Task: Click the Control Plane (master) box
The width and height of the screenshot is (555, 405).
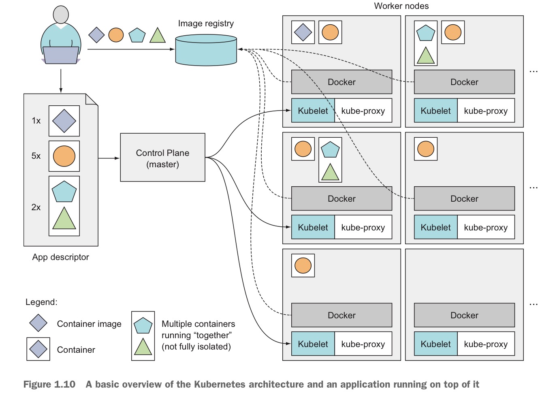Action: click(x=162, y=158)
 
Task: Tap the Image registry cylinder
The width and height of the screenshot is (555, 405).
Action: click(x=206, y=50)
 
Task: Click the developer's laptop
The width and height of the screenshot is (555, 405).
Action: click(x=61, y=55)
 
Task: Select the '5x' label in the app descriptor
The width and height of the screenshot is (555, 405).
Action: click(x=36, y=156)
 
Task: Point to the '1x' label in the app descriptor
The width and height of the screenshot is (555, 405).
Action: click(x=36, y=121)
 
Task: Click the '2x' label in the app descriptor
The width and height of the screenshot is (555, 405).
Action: click(x=36, y=207)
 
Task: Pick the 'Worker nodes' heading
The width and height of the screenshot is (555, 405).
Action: click(x=401, y=6)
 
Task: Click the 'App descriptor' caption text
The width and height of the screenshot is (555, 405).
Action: click(x=60, y=257)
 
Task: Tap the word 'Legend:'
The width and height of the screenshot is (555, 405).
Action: click(x=41, y=302)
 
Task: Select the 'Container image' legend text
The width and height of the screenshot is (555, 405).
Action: click(x=89, y=324)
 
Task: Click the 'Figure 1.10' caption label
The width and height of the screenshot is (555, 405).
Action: click(x=49, y=384)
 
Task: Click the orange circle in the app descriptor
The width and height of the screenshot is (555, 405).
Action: click(x=64, y=156)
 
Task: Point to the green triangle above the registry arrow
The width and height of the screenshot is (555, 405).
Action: click(x=158, y=36)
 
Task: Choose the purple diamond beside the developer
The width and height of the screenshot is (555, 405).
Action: click(x=96, y=35)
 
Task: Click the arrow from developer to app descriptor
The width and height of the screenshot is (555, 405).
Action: click(x=61, y=81)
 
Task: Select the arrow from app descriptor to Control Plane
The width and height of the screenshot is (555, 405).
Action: click(x=109, y=158)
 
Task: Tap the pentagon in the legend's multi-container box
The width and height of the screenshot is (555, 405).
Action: click(x=143, y=326)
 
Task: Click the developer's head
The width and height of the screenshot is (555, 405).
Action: click(x=61, y=15)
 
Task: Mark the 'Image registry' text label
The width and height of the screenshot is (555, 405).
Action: click(x=206, y=23)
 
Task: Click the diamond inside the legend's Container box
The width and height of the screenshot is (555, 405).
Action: click(x=38, y=349)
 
